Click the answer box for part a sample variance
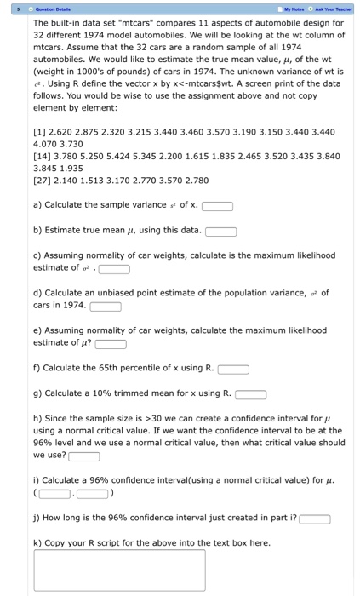pyautogui.click(x=217, y=205)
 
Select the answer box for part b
pyautogui.click(x=220, y=230)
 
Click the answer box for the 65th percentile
pyautogui.click(x=233, y=370)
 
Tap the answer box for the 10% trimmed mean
pyautogui.click(x=250, y=394)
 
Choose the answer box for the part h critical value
pyautogui.click(x=84, y=456)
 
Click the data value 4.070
pyautogui.click(x=48, y=145)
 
